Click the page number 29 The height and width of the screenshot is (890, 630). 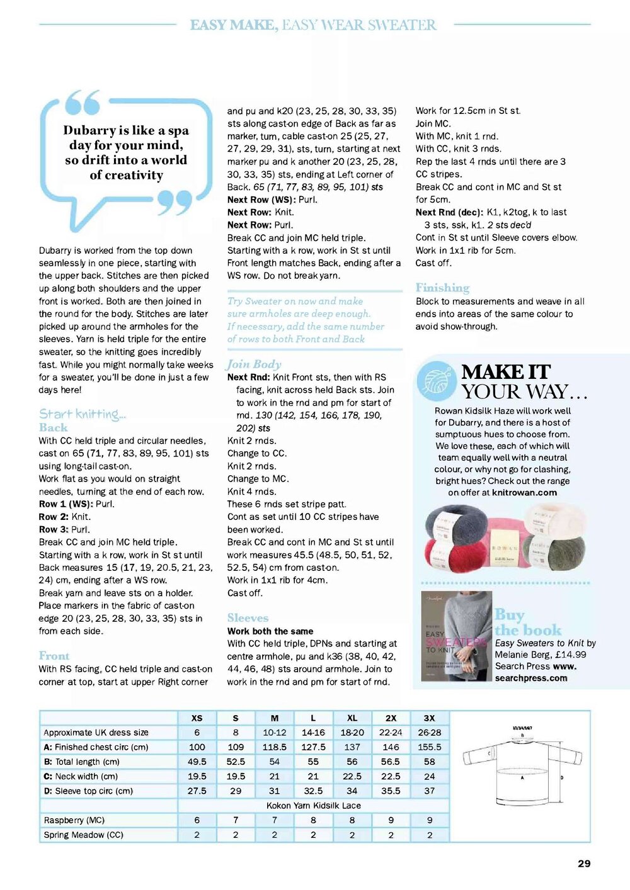(x=584, y=864)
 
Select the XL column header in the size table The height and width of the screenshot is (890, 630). (x=352, y=718)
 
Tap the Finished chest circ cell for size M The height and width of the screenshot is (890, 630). (x=275, y=747)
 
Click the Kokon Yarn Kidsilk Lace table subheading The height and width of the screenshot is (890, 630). (x=314, y=806)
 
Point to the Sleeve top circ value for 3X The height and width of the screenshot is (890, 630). (x=430, y=791)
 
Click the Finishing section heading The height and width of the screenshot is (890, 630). (x=442, y=288)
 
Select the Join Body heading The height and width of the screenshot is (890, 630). (x=254, y=364)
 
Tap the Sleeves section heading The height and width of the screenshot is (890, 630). (x=248, y=618)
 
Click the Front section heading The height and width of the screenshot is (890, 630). (x=54, y=656)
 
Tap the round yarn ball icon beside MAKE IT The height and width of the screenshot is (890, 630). (x=436, y=381)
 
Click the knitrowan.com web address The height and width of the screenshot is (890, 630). (x=524, y=493)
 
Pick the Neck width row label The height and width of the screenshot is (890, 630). (x=81, y=777)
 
